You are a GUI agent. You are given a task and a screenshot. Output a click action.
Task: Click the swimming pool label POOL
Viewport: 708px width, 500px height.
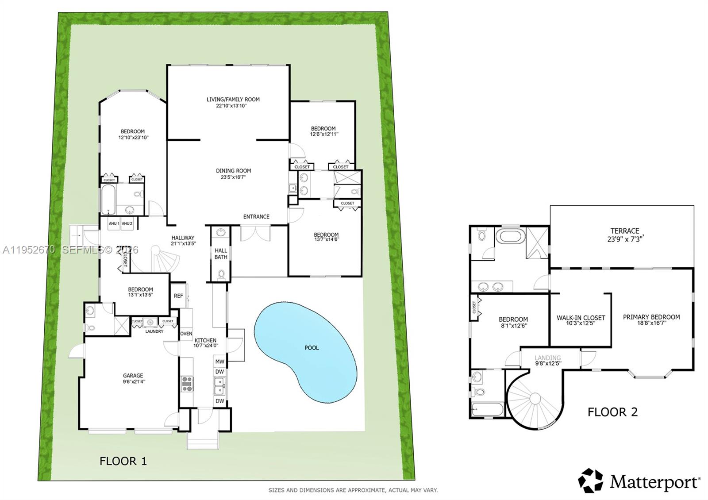click(312, 348)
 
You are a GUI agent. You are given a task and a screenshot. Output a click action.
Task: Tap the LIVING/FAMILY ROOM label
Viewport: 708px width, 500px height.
click(233, 100)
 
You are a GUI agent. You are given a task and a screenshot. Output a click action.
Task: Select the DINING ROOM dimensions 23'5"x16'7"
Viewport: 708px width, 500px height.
click(233, 177)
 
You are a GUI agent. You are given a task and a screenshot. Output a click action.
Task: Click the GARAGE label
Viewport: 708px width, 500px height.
click(133, 376)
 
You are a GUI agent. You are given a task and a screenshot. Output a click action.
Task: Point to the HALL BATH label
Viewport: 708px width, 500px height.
click(221, 254)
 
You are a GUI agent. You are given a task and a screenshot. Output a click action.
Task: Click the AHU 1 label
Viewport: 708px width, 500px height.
click(114, 224)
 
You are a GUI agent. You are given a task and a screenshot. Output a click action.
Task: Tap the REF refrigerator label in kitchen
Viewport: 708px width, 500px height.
click(178, 296)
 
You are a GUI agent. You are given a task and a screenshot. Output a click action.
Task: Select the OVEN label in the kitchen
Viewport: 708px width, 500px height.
click(186, 334)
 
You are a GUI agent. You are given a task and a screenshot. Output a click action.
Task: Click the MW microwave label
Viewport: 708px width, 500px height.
click(219, 362)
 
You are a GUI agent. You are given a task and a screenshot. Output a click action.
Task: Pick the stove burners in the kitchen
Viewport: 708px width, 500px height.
click(187, 383)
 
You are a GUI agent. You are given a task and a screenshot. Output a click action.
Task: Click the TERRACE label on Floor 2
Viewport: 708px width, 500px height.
click(625, 231)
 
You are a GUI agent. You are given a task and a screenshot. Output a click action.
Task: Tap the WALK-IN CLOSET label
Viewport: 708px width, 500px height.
click(581, 318)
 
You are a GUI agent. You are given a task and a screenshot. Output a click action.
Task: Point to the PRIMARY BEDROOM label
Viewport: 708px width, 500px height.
click(651, 317)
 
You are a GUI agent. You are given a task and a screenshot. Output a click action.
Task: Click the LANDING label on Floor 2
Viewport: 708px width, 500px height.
click(548, 358)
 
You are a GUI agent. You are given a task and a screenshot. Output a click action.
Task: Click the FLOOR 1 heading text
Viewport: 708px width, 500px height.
click(123, 461)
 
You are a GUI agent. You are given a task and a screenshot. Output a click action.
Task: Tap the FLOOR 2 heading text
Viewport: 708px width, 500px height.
click(612, 412)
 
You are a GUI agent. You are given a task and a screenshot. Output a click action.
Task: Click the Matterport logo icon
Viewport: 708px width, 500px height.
click(590, 481)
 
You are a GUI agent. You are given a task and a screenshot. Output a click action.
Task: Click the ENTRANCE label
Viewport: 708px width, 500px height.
click(256, 217)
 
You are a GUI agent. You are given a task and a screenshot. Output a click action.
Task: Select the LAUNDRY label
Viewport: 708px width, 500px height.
click(154, 331)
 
